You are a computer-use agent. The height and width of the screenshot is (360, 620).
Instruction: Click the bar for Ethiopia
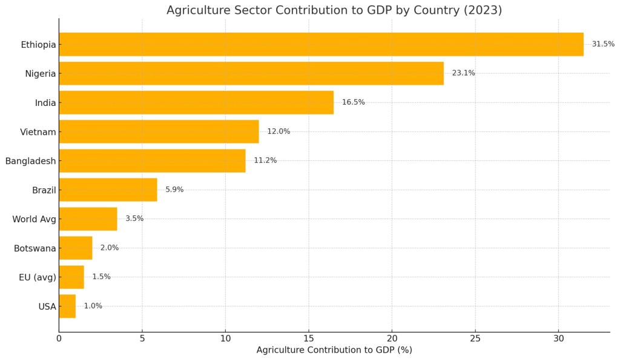321,44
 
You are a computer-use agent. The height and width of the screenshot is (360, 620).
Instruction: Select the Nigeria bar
251,73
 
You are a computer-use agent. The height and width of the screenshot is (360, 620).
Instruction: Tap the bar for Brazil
108,189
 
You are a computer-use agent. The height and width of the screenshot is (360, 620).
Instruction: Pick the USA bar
67,306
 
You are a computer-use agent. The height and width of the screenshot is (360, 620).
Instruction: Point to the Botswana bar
76,248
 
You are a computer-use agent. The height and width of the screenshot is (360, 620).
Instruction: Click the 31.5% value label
603,44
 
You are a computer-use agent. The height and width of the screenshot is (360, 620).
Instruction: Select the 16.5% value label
353,102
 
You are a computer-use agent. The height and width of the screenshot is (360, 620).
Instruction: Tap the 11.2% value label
265,160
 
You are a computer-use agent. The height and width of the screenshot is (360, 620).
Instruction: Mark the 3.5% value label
134,218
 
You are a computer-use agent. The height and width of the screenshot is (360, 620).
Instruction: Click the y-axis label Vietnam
38,132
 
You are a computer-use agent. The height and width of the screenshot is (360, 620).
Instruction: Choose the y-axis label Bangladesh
30,161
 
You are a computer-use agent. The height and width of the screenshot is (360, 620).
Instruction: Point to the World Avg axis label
34,219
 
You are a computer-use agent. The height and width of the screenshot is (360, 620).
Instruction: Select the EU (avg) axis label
37,277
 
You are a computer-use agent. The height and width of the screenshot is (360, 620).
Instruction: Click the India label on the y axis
45,103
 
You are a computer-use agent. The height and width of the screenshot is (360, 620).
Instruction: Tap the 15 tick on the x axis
309,338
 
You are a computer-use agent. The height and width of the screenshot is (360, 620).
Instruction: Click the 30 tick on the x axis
558,338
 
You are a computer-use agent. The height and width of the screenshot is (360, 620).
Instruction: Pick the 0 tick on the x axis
59,338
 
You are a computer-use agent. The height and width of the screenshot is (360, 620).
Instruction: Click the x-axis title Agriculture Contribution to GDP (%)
334,350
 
